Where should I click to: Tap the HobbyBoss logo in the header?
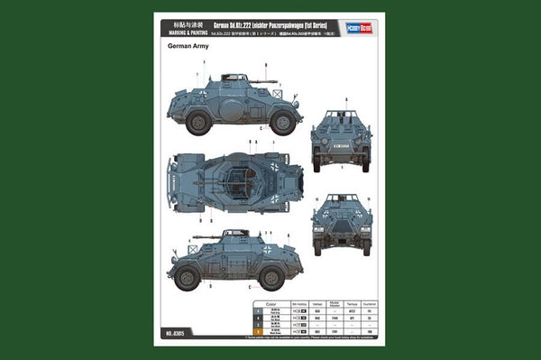click(x=363, y=29)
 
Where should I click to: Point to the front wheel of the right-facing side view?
click(x=282, y=123)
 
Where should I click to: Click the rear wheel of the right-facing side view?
click(x=197, y=123)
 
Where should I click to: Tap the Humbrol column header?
click(x=369, y=304)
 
